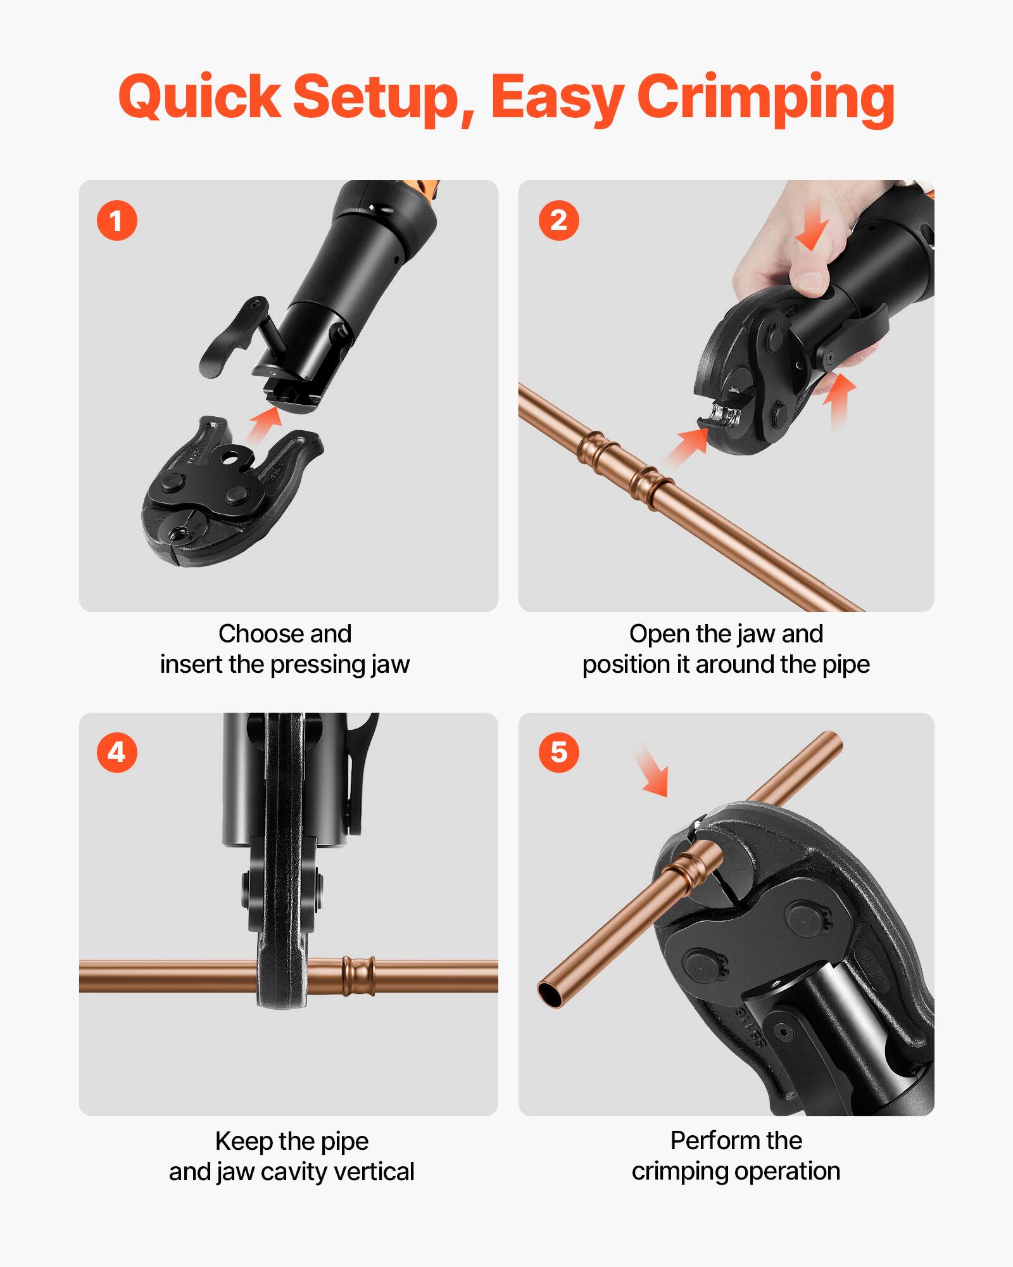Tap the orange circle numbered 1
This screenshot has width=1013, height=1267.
(x=116, y=221)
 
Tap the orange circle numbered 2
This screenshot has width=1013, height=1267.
(x=558, y=221)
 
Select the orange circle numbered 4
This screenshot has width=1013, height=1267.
(x=116, y=753)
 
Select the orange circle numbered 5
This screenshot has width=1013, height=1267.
(x=558, y=753)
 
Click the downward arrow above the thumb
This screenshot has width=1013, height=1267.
(x=813, y=228)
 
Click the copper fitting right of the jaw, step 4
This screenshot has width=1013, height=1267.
(x=358, y=976)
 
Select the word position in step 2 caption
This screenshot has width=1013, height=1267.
(x=626, y=665)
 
